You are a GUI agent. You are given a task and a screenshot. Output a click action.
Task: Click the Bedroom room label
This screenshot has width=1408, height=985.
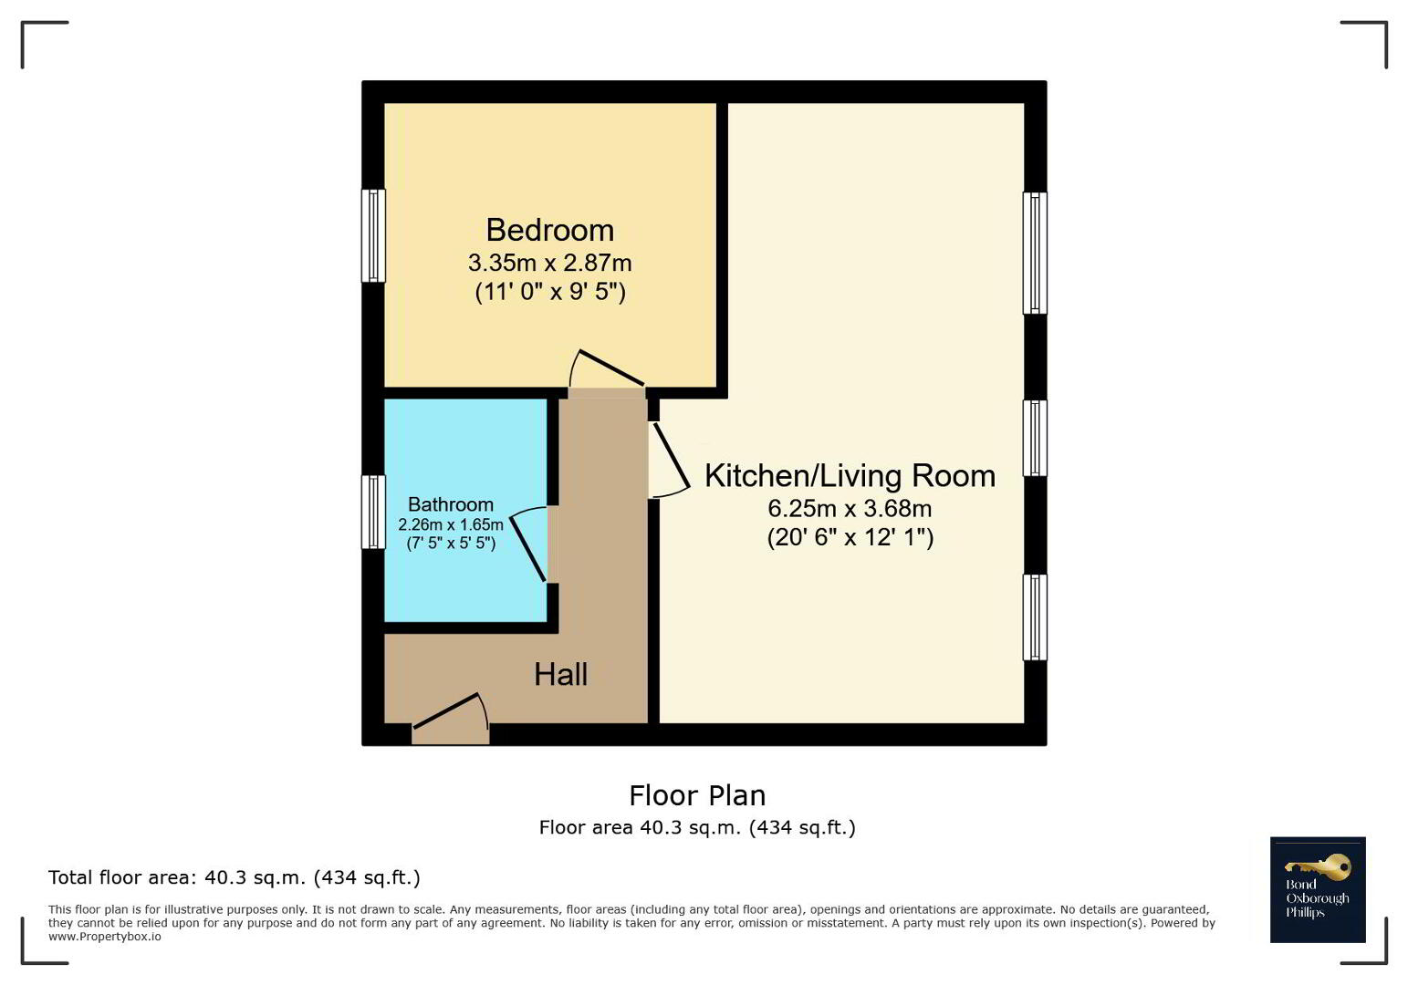(x=550, y=230)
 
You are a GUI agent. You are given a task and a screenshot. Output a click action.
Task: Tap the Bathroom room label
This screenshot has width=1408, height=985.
(x=451, y=504)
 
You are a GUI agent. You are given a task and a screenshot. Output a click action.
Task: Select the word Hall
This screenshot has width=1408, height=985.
(x=560, y=675)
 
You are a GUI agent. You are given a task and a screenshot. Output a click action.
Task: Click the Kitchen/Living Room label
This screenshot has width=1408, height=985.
(x=850, y=476)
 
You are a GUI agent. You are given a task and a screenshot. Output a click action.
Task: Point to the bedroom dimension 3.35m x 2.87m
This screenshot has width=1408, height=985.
(x=550, y=263)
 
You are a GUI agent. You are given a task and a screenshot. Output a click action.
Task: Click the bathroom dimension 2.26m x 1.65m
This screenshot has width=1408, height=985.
(x=451, y=524)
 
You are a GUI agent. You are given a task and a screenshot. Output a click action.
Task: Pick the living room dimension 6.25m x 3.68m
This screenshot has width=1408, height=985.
(x=850, y=508)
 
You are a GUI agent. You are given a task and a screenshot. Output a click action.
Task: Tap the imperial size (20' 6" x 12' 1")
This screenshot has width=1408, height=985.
(x=850, y=538)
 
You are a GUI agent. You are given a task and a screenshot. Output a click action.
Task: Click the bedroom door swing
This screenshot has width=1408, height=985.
(x=607, y=368)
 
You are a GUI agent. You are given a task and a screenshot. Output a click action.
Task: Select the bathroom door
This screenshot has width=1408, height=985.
(x=528, y=544)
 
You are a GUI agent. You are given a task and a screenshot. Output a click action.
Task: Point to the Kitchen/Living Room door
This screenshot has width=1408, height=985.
(x=670, y=461)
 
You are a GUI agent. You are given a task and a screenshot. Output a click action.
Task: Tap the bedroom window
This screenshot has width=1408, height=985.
(x=373, y=235)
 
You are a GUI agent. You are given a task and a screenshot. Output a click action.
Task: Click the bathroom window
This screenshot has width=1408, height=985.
(x=373, y=512)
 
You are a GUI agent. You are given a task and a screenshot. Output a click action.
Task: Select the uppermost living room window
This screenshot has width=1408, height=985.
(x=1035, y=253)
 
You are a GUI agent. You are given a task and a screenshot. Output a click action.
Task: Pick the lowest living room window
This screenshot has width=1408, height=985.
(x=1035, y=617)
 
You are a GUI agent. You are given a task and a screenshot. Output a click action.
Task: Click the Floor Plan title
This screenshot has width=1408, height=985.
(x=698, y=795)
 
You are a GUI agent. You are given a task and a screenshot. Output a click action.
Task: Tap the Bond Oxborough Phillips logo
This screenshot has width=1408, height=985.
(x=1318, y=889)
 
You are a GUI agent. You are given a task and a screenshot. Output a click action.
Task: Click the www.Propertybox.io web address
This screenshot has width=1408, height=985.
(x=105, y=937)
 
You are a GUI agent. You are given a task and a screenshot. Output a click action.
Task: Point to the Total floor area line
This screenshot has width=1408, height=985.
(x=235, y=877)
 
